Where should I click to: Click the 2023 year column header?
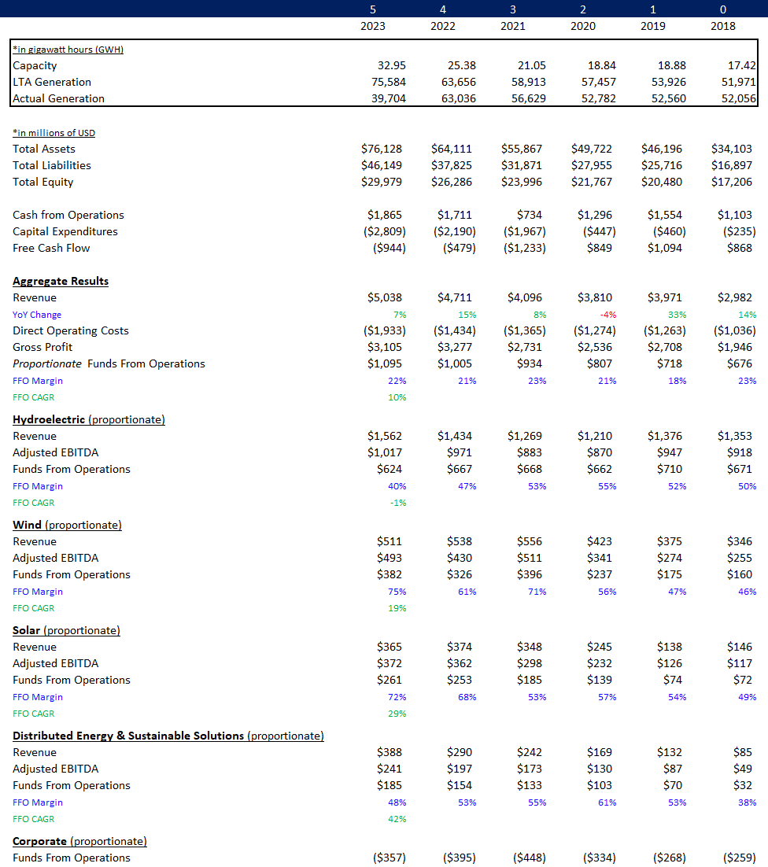pyautogui.click(x=373, y=26)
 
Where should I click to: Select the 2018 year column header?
pyautogui.click(x=723, y=26)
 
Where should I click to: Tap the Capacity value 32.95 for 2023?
pyautogui.click(x=390, y=65)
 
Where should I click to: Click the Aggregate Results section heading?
pyautogui.click(x=61, y=281)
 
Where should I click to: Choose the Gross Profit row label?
pyautogui.click(x=42, y=347)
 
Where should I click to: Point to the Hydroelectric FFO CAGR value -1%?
pyautogui.click(x=398, y=503)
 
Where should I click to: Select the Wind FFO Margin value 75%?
pyautogui.click(x=397, y=592)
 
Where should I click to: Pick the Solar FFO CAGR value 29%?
pyautogui.click(x=397, y=714)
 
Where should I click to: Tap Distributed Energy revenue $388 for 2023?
pyautogui.click(x=390, y=752)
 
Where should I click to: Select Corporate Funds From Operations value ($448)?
pyautogui.click(x=529, y=858)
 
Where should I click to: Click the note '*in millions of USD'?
pyautogui.click(x=54, y=133)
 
